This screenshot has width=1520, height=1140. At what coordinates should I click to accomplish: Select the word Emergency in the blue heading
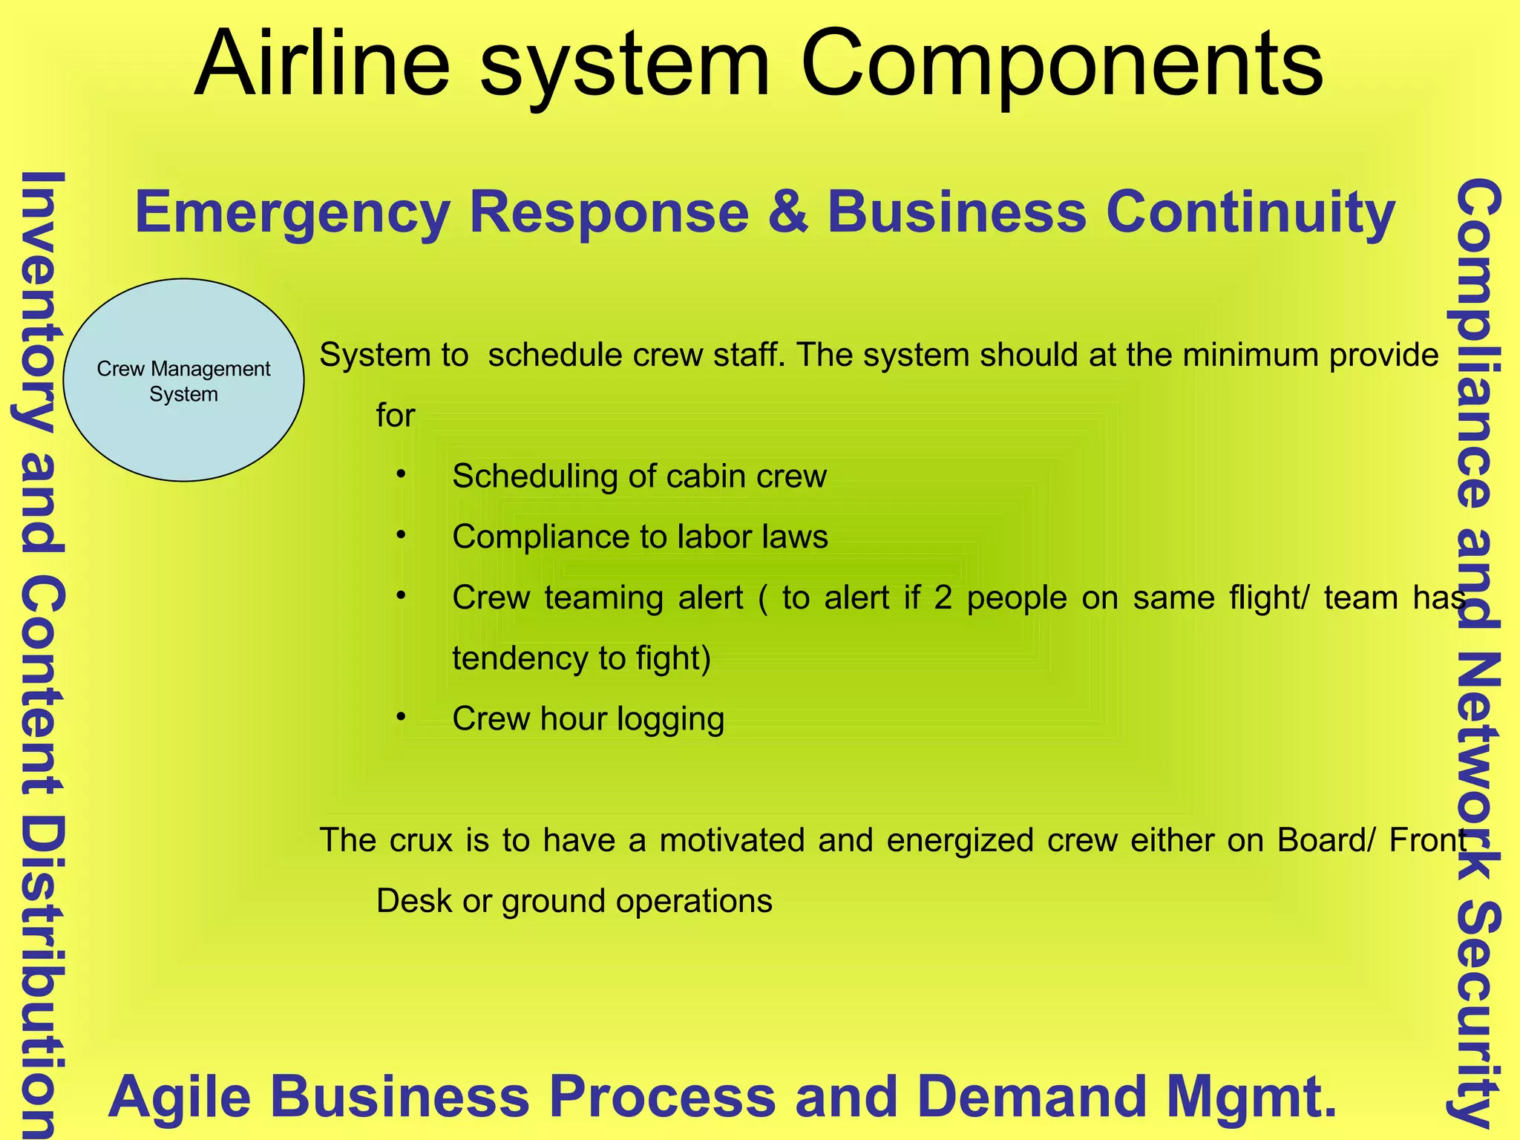[292, 214]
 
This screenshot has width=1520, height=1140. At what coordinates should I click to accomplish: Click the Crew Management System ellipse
[183, 381]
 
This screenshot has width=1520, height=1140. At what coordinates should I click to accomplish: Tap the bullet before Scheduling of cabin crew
[401, 474]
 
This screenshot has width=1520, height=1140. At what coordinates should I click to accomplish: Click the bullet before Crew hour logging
[401, 718]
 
